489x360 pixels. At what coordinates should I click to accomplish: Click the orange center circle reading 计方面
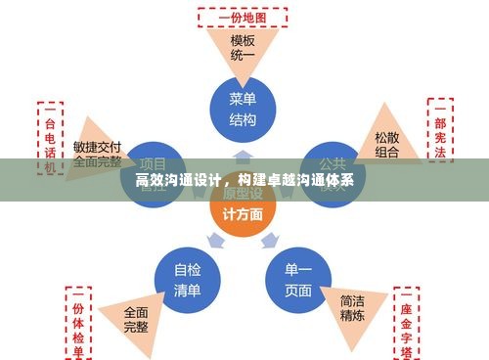click(243, 211)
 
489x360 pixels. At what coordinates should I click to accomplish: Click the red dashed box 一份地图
click(243, 18)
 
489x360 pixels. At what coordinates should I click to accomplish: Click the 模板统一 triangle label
click(243, 49)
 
